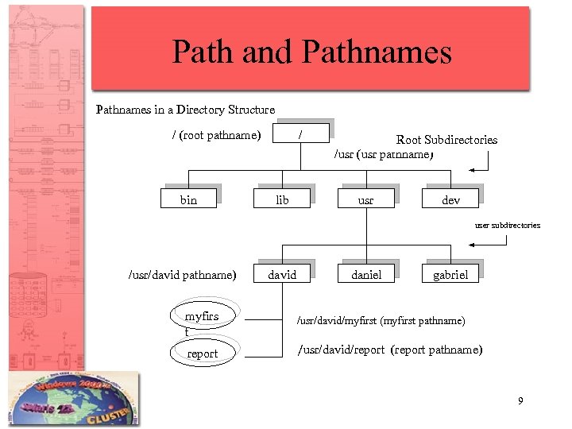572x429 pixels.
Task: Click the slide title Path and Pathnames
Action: [311, 52]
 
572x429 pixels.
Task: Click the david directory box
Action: [282, 275]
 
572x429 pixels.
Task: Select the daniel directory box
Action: [366, 275]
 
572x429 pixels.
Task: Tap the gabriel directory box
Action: [450, 275]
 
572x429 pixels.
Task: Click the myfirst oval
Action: [203, 317]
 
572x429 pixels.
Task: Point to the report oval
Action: [203, 354]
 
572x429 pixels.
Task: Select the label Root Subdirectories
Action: [446, 140]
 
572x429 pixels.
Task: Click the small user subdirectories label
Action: [507, 226]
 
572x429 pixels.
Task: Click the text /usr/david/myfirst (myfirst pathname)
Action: [381, 321]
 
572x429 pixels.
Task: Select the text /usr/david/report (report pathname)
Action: [389, 350]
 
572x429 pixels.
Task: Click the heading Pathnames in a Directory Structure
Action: [185, 110]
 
